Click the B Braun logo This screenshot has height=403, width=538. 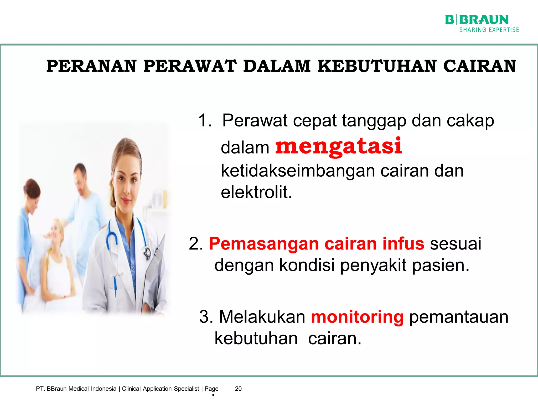(477, 20)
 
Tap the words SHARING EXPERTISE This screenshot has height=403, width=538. (489, 30)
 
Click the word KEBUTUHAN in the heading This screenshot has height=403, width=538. (377, 66)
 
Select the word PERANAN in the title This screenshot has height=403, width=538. (91, 66)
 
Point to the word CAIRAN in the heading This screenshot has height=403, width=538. (479, 66)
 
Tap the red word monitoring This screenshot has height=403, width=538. (357, 317)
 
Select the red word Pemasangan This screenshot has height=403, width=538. (264, 244)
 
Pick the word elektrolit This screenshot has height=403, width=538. (256, 192)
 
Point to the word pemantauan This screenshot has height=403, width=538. (459, 317)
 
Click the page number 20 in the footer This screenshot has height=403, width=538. (238, 389)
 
